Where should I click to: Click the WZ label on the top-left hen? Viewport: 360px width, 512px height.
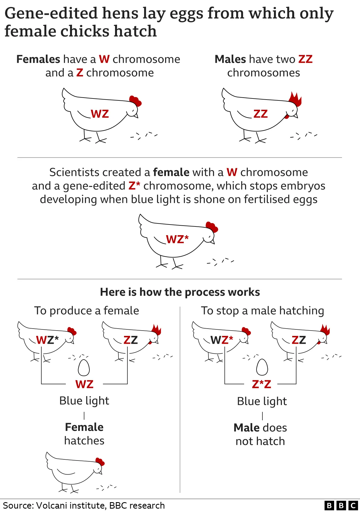tap(100, 114)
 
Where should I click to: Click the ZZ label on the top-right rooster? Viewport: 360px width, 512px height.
tap(260, 114)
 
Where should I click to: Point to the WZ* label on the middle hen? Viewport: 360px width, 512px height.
tap(177, 239)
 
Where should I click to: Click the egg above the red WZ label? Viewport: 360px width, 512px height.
tap(84, 368)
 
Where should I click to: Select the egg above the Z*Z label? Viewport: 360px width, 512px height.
tap(262, 367)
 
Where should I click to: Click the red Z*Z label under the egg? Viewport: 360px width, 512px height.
tap(262, 384)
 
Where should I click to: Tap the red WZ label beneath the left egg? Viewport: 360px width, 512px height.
tap(84, 384)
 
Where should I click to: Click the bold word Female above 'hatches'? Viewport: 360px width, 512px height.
tap(84, 427)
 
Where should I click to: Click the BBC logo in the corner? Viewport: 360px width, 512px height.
tap(341, 506)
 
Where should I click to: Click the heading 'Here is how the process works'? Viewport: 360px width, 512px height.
tap(180, 292)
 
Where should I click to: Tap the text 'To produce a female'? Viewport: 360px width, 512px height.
tap(87, 311)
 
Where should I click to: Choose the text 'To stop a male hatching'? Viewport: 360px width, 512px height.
tap(262, 311)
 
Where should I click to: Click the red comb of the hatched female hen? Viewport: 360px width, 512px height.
tap(100, 462)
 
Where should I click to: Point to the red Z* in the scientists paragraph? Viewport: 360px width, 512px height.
tap(134, 186)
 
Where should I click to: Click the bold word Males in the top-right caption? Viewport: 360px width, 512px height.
tap(230, 59)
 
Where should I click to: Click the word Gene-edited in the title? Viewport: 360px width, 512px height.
tap(51, 13)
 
